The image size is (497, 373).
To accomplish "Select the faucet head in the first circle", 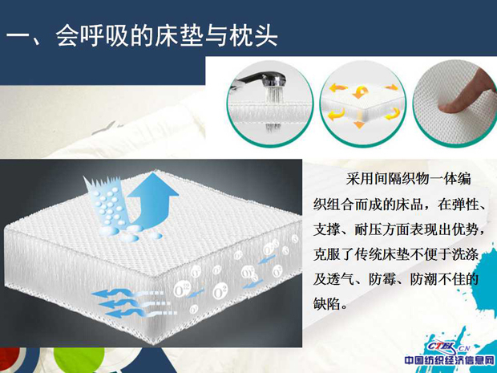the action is [x=277, y=79].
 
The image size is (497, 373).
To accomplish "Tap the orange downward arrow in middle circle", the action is [x=359, y=124].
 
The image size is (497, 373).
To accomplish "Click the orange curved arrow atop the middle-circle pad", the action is [x=361, y=92].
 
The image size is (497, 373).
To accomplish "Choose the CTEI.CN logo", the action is [x=447, y=347].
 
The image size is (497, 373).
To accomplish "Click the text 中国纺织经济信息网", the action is [x=449, y=361].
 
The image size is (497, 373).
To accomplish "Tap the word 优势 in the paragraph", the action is [x=465, y=229].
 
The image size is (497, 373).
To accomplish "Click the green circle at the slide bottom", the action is [x=79, y=360].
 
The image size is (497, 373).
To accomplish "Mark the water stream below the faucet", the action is [x=273, y=95].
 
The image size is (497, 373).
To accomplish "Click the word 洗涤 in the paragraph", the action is [x=465, y=254].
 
